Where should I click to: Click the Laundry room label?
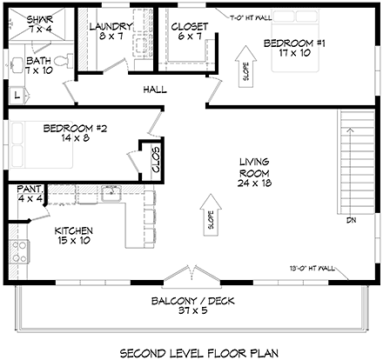(x=111, y=31)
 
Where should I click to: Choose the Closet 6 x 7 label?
(x=189, y=31)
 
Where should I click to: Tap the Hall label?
(x=155, y=89)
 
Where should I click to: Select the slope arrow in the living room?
(x=209, y=213)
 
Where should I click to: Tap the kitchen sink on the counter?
(x=110, y=194)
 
